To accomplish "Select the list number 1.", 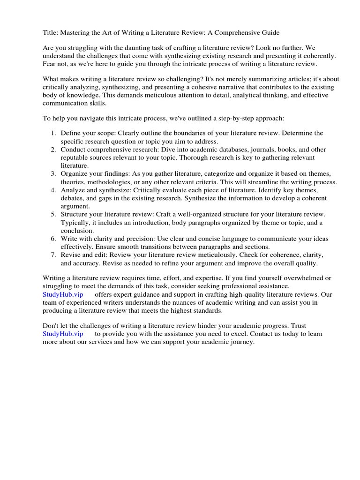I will coord(53,134).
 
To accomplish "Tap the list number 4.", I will coord(53,190).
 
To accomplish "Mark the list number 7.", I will coord(53,255).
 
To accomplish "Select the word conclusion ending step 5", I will coord(77,231).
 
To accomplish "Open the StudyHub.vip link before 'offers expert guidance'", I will coord(63,294).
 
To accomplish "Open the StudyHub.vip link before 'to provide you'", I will coord(63,334).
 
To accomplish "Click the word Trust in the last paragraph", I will coord(298,326).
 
